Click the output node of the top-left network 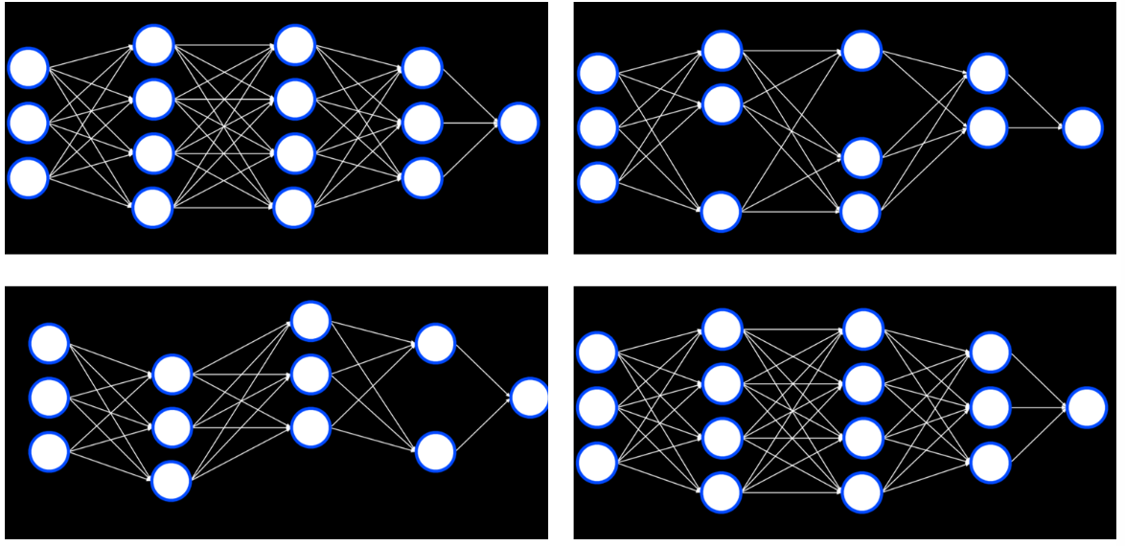[518, 123]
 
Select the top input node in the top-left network [28, 68]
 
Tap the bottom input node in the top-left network [28, 178]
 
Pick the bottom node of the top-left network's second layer [153, 208]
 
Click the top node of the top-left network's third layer [294, 45]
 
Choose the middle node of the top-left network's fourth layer [422, 123]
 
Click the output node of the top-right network [1083, 127]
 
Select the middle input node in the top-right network [598, 127]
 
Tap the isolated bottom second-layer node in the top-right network [722, 212]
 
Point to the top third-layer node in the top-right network [861, 51]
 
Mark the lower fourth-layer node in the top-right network [987, 127]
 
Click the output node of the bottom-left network [529, 398]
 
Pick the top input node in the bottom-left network [49, 344]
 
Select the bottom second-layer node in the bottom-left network [172, 481]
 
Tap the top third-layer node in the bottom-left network [310, 321]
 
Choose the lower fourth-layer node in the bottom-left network [435, 452]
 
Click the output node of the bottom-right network [1087, 407]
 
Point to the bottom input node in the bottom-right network [597, 463]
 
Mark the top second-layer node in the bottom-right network [723, 330]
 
